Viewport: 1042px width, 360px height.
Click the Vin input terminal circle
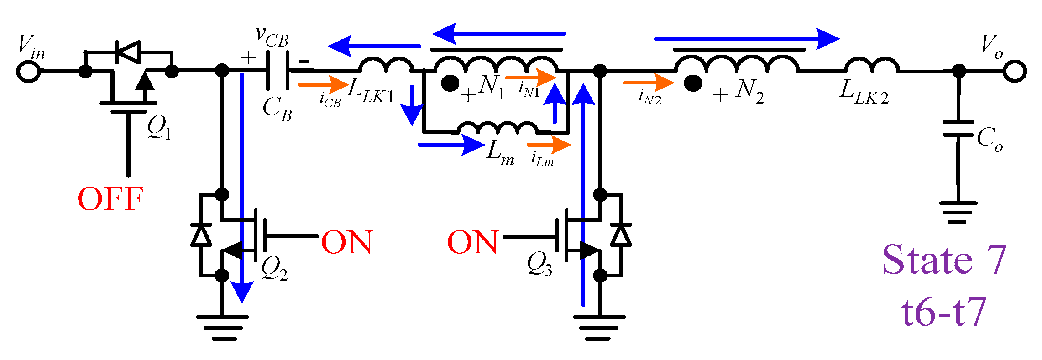[28, 72]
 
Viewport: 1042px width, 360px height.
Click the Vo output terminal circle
[1014, 72]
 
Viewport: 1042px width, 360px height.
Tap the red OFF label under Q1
[110, 199]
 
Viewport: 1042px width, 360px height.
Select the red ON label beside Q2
[347, 242]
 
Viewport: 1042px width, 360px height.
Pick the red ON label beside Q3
[472, 242]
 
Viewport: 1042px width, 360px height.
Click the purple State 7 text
[944, 260]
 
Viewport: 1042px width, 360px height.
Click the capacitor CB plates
[278, 71]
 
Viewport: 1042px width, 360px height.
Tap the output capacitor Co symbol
[958, 129]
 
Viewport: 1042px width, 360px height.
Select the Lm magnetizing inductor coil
[497, 128]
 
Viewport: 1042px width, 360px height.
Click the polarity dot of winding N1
[450, 83]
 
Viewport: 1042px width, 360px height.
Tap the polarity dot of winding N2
[693, 83]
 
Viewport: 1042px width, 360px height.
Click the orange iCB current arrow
[323, 84]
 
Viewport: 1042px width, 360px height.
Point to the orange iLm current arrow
[549, 145]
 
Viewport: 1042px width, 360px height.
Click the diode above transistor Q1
[128, 52]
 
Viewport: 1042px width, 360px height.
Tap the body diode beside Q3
[620, 235]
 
